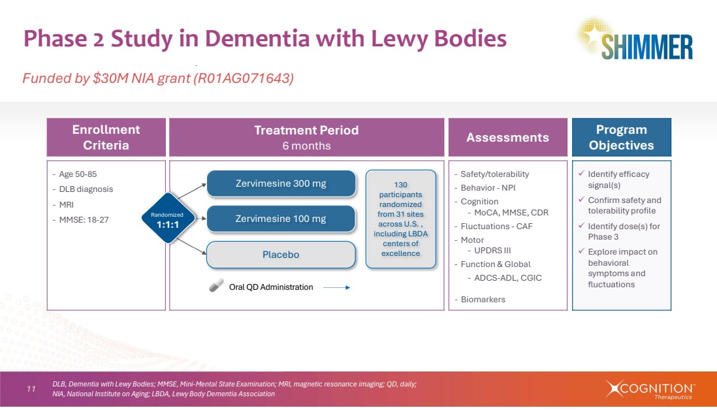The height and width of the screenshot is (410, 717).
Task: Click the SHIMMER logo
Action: click(x=633, y=40)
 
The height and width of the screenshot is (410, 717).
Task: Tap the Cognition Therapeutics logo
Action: click(x=650, y=389)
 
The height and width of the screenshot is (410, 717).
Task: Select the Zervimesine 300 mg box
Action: click(x=281, y=183)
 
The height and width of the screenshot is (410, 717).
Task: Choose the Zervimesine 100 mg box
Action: click(x=281, y=219)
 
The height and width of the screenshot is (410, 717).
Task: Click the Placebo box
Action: click(x=281, y=255)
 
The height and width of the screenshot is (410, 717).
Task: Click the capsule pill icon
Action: click(x=217, y=287)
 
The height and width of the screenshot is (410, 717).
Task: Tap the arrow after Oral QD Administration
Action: click(x=337, y=287)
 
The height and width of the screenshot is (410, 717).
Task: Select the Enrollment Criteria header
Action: click(x=106, y=137)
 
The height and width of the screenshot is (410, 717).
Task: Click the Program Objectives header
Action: click(x=622, y=137)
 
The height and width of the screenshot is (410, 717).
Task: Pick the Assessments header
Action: click(x=507, y=137)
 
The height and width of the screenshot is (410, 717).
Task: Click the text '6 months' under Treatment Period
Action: click(x=306, y=146)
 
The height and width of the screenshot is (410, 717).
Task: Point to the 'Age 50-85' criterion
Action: click(x=78, y=174)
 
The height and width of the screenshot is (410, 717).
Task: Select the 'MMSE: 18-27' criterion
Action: click(x=84, y=219)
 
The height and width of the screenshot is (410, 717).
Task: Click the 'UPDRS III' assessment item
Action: click(x=492, y=251)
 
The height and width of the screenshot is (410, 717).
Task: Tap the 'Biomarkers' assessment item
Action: click(x=483, y=299)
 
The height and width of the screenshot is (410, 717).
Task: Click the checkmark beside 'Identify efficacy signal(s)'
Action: click(x=582, y=174)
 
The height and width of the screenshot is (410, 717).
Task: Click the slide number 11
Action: click(x=31, y=390)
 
